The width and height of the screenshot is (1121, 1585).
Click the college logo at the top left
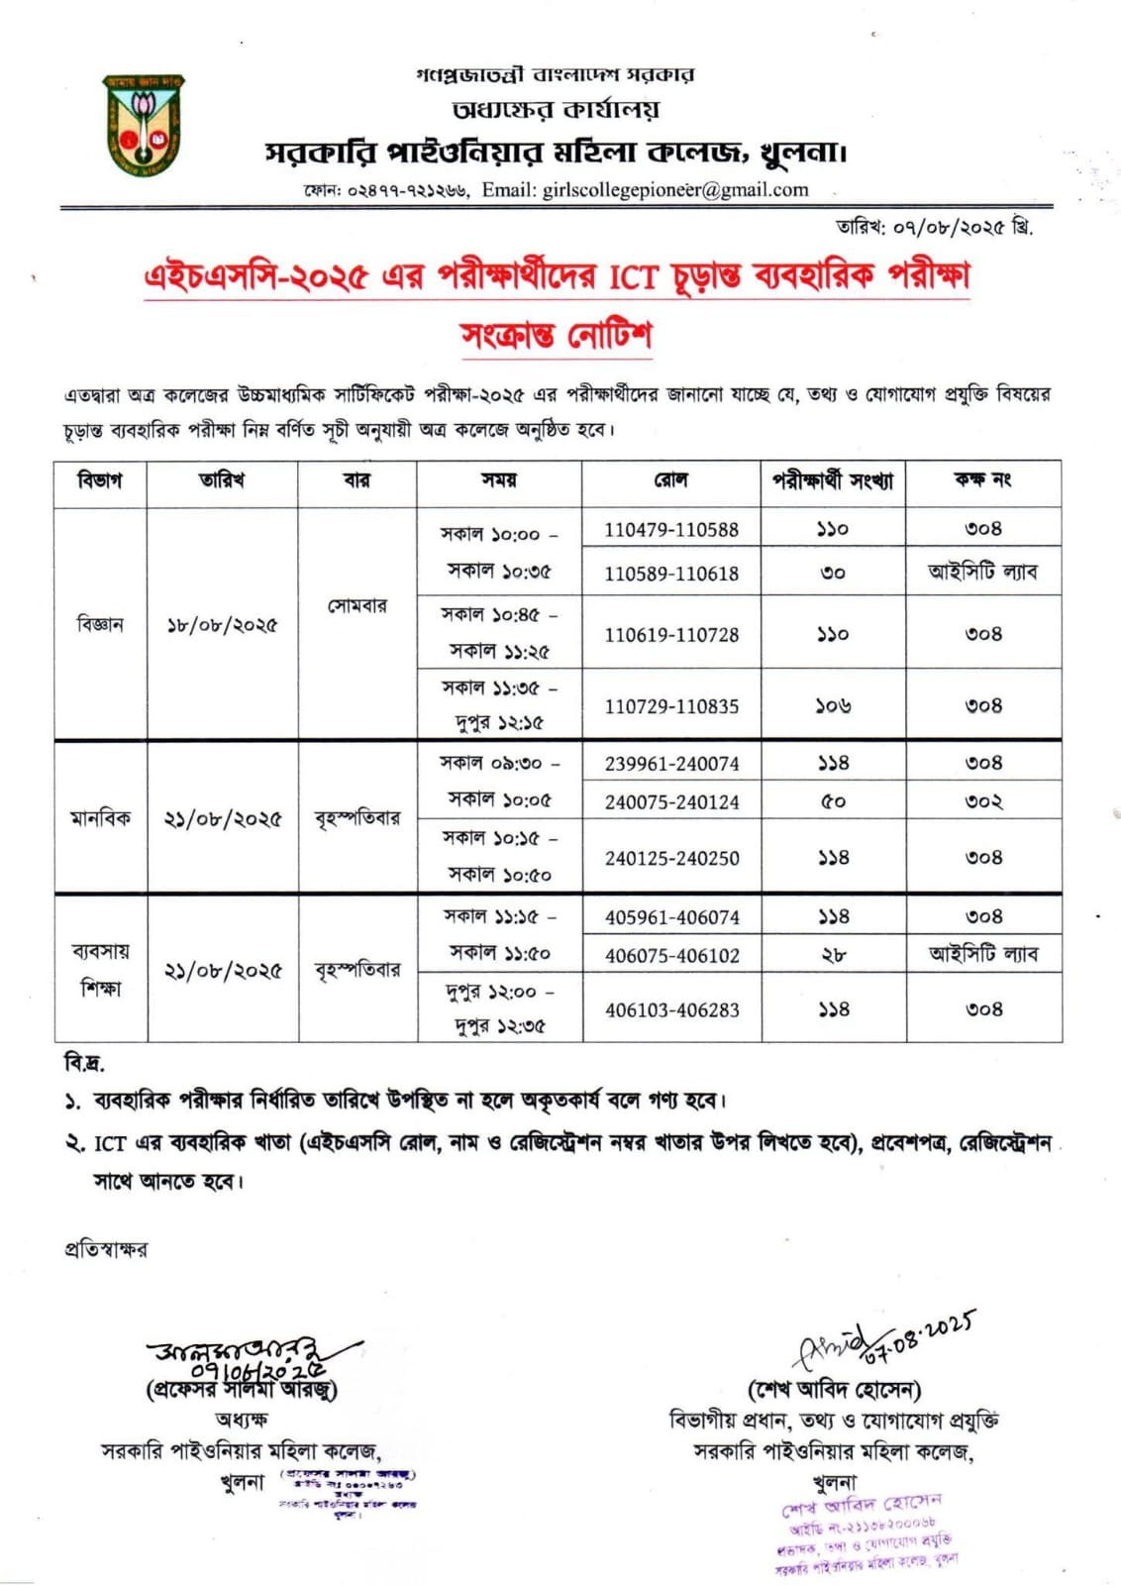pyautogui.click(x=144, y=124)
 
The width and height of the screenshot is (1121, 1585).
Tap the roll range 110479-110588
pyautogui.click(x=671, y=530)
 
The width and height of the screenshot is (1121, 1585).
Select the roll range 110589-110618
pyautogui.click(x=671, y=574)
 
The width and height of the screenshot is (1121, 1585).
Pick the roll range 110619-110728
pyautogui.click(x=671, y=635)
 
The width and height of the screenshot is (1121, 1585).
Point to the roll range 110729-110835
pyautogui.click(x=671, y=706)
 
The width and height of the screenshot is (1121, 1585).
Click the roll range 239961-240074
pyautogui.click(x=671, y=764)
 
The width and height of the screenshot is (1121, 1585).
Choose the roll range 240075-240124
pyautogui.click(x=671, y=802)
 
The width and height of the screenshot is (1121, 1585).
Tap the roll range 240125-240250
pyautogui.click(x=671, y=859)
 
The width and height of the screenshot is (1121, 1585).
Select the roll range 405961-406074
pyautogui.click(x=671, y=917)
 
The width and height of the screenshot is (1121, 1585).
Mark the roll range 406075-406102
pyautogui.click(x=671, y=956)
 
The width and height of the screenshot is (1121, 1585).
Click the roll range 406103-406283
pyautogui.click(x=671, y=1010)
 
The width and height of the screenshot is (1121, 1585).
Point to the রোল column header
pyautogui.click(x=670, y=480)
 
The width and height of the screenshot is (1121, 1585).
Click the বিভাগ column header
pyautogui.click(x=100, y=480)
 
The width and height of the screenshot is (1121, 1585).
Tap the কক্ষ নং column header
pyautogui.click(x=982, y=480)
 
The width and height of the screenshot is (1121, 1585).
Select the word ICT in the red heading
pyautogui.click(x=633, y=276)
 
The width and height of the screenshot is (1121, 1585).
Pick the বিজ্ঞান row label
pyautogui.click(x=100, y=624)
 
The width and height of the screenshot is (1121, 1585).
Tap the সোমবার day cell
pyautogui.click(x=357, y=605)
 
